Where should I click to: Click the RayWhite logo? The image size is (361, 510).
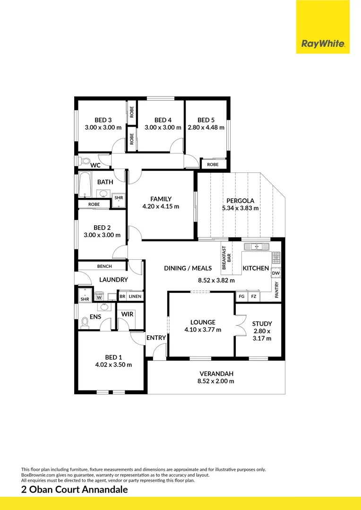coord(323,44)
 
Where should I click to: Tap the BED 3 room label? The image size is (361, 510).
coord(103,120)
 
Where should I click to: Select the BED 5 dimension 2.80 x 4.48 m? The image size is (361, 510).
coord(206,127)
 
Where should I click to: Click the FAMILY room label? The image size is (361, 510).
coord(161,199)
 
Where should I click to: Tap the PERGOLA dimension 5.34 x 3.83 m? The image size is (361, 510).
coord(241,208)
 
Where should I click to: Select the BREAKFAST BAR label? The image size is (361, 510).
coord(226,258)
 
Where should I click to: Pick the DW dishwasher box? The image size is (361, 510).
coord(276,273)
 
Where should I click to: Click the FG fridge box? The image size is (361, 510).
coord(241,297)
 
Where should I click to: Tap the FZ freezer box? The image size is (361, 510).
coord(254,297)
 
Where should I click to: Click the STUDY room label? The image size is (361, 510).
coord(262,323)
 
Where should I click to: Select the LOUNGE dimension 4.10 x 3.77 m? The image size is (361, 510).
coord(203,330)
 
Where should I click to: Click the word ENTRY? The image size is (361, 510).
coord(156,338)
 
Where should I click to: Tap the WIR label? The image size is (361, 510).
coord(127,314)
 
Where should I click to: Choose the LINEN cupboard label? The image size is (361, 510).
coord(135,297)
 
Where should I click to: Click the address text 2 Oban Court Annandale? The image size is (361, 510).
coord(75,490)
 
